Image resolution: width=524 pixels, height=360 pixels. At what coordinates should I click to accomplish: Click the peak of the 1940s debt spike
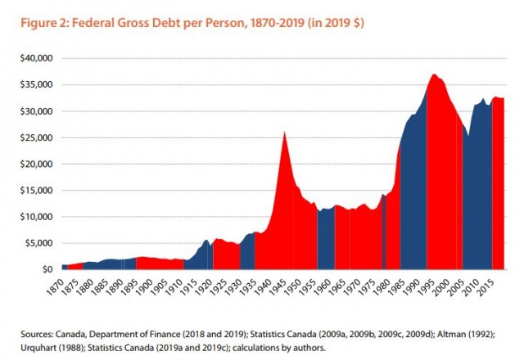pos(284,132)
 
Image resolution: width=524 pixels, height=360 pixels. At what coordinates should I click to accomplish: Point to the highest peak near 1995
pos(433,74)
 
